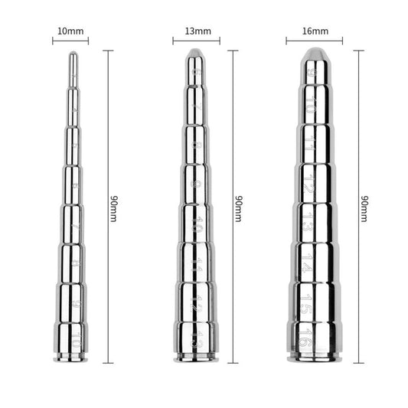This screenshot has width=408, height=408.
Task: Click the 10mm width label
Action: (70, 31)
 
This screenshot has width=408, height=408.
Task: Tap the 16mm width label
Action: (314, 31)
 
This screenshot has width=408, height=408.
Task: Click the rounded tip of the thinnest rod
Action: (72, 56)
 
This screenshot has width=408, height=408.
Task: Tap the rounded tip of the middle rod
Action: (196, 54)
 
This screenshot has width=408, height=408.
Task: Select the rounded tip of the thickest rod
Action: (312, 54)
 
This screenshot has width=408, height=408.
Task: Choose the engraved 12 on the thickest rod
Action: (308, 184)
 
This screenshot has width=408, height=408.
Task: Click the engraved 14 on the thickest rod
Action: (308, 262)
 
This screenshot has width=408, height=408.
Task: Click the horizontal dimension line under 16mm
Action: (314, 41)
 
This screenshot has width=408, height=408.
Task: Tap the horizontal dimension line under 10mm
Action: (70, 41)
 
